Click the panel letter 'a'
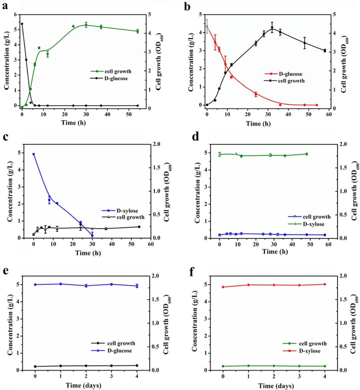[5, 6]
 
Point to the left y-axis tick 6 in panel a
[15, 15]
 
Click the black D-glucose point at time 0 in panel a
[22, 24]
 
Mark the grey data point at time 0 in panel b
[207, 26]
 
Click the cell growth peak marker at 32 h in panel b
[272, 28]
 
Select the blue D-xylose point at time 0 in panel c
[34, 154]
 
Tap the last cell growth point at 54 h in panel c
[139, 227]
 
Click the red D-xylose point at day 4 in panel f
[325, 284]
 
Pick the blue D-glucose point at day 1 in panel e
[61, 284]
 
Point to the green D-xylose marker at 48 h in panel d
[307, 154]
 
